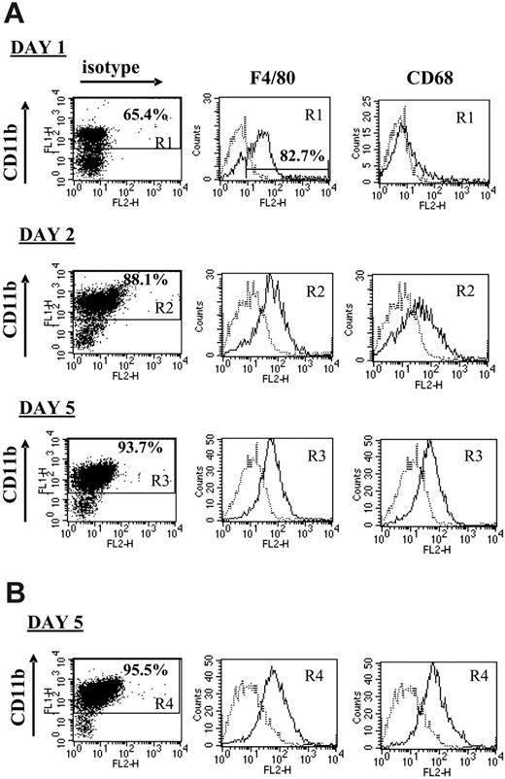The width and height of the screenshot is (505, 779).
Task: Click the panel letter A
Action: point(16,14)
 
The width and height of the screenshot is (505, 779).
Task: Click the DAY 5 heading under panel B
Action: point(39,632)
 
